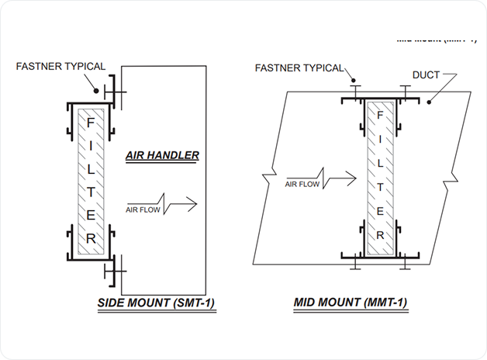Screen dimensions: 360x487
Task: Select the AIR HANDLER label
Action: coord(162,155)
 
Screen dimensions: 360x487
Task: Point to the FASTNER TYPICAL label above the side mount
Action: coord(60,66)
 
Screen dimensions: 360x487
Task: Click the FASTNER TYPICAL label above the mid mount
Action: coord(299,68)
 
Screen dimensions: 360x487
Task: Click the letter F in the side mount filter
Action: coord(91,122)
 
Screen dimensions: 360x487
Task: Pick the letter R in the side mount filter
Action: coord(91,238)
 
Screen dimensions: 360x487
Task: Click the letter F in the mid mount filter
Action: coord(380,116)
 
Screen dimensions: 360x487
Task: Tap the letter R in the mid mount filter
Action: coord(380,233)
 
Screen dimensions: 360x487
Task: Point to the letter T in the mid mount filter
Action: coord(380,185)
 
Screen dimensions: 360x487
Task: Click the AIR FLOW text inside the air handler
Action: coord(141,208)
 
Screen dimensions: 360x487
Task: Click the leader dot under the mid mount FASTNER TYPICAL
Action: coord(353,79)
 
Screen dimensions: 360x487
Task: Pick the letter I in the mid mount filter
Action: coord(380,140)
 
